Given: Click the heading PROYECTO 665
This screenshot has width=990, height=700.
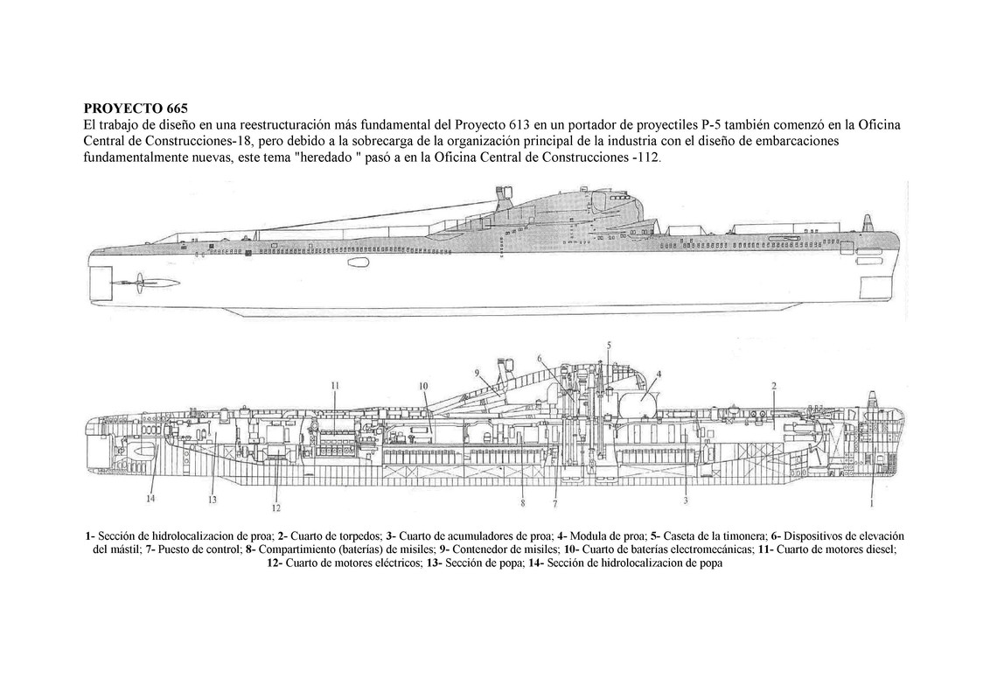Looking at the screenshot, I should (x=136, y=109).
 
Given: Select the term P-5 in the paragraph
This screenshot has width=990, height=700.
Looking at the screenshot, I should (x=702, y=126).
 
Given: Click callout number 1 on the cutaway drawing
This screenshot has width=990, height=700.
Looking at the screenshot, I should (x=871, y=503).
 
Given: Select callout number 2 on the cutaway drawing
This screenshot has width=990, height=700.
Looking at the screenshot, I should (x=773, y=385).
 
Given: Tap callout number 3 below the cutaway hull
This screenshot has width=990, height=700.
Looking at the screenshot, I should (x=686, y=500).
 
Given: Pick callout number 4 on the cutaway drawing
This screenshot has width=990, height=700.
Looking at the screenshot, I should (x=659, y=374).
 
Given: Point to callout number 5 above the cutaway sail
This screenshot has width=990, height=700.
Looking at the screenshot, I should (x=609, y=344).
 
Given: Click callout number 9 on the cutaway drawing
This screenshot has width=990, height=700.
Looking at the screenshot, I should (x=478, y=373).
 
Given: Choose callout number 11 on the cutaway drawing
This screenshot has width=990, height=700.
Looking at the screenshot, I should (x=335, y=385).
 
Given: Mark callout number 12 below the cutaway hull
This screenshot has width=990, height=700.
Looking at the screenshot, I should (x=275, y=507).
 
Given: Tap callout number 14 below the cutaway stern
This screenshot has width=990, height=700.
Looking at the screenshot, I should (x=151, y=499).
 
